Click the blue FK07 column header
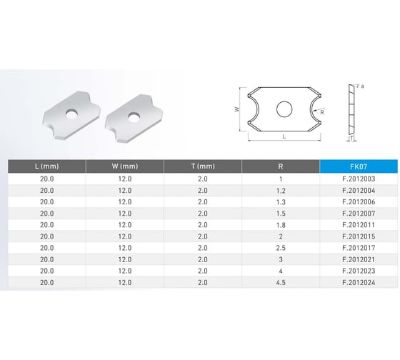click(x=359, y=166)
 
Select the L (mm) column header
click(x=46, y=166)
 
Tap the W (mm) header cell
click(x=125, y=166)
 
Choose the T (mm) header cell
click(x=203, y=166)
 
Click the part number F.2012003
click(x=359, y=179)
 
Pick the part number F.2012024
click(x=359, y=282)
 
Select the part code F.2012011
click(x=359, y=225)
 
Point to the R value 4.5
click(x=281, y=282)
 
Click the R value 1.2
click(x=281, y=191)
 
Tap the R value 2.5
click(x=281, y=248)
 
